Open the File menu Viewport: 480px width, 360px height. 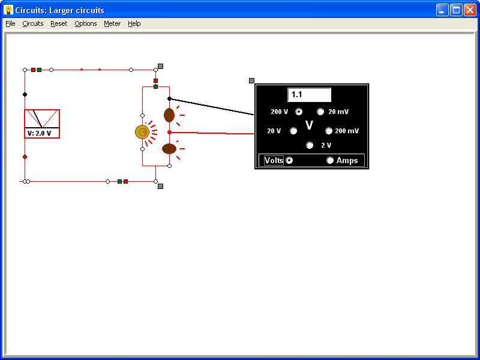point(10,23)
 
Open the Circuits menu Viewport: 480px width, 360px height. point(33,23)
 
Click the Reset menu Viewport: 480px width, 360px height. point(59,23)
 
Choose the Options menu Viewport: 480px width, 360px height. point(86,23)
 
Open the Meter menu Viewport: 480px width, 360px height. point(112,23)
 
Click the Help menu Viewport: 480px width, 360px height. point(134,23)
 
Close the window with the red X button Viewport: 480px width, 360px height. point(470,10)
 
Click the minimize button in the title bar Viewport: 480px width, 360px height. point(442,10)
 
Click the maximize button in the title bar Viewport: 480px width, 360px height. point(456,10)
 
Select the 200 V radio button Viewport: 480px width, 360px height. point(299,112)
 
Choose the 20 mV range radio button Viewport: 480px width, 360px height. point(320,112)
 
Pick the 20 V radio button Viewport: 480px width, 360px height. point(293,131)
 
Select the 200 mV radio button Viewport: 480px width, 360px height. point(328,131)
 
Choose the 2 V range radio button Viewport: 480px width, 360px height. point(310,145)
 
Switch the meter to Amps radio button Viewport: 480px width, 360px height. point(329,160)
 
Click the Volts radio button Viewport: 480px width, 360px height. point(289,160)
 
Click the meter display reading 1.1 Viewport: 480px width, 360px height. point(309,95)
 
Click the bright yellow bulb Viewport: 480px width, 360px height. point(142,132)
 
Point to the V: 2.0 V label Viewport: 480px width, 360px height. point(39,133)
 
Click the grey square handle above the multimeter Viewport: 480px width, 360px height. point(251,80)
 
